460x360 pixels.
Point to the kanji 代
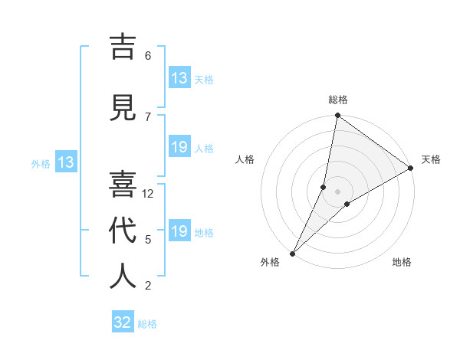[123, 231]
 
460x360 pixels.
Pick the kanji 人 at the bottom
[123, 277]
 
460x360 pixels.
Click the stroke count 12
[149, 194]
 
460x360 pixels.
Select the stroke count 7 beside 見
[148, 116]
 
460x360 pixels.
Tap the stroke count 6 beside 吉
[148, 55]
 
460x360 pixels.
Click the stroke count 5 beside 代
[148, 240]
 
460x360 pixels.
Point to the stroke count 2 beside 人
[148, 286]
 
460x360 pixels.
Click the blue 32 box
[123, 322]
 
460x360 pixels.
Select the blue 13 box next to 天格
[179, 78]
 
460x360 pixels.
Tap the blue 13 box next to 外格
[65, 162]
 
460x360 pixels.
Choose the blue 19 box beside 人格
[179, 147]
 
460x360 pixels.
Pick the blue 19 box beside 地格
[179, 231]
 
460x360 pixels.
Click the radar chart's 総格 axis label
[338, 100]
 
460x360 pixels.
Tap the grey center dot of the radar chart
[337, 191]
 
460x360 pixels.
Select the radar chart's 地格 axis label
[402, 263]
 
